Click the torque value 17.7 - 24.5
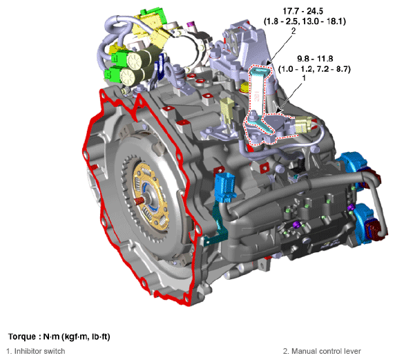(x=302, y=11)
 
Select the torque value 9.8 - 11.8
(x=315, y=59)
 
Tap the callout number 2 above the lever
(x=293, y=31)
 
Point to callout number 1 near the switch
(x=304, y=78)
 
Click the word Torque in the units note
(x=22, y=337)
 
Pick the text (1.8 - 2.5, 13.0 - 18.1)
(x=305, y=21)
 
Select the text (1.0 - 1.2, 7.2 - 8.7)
(x=314, y=68)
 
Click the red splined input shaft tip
(x=139, y=200)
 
